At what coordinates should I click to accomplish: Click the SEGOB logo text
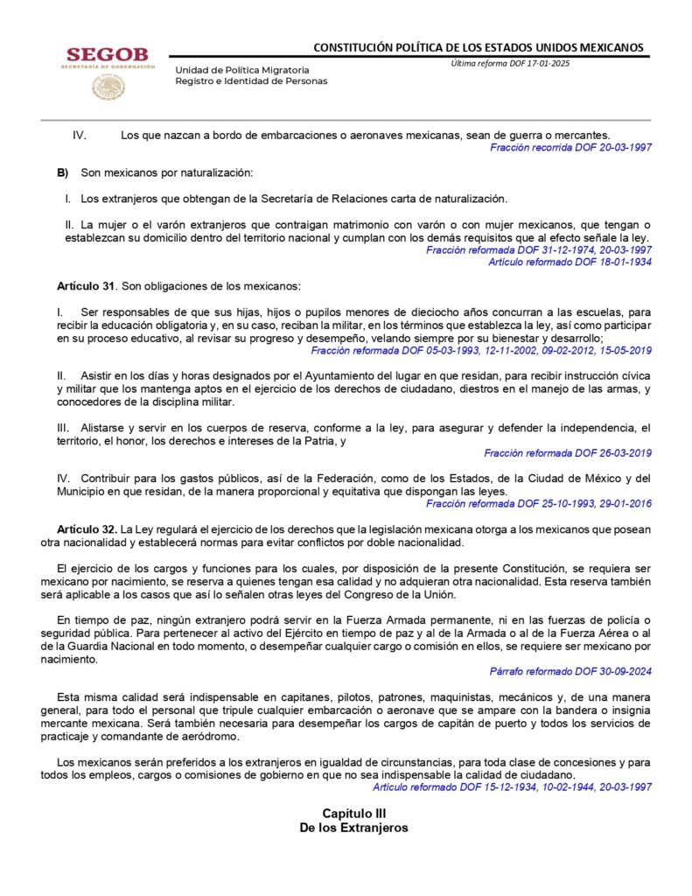(x=108, y=55)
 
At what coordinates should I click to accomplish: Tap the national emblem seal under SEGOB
(x=108, y=87)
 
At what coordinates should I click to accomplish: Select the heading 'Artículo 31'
(x=86, y=286)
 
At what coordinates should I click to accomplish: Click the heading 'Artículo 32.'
(x=87, y=530)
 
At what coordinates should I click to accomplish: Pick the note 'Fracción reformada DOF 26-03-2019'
(x=568, y=453)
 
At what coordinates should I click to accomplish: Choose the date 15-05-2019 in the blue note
(x=623, y=350)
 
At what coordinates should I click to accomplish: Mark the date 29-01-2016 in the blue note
(x=623, y=504)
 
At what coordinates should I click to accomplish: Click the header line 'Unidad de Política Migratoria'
(x=241, y=69)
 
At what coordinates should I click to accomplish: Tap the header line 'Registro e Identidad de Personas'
(x=251, y=80)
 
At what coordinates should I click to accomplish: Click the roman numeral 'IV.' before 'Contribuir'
(x=63, y=479)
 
